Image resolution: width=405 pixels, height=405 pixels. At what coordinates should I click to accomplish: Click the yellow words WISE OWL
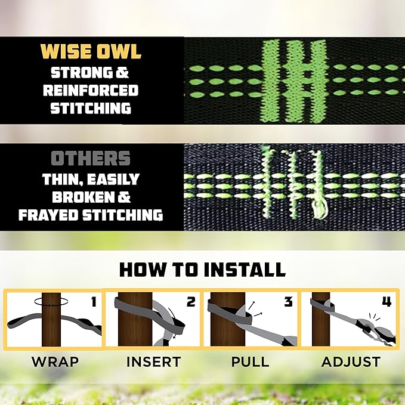(91, 51)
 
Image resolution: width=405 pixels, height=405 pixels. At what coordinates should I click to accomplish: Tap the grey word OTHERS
(91, 159)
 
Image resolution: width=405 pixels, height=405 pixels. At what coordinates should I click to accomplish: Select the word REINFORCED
(94, 91)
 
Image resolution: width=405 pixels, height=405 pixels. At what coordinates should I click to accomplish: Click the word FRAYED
(48, 215)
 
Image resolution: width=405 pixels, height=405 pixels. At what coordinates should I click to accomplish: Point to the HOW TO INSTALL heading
(202, 269)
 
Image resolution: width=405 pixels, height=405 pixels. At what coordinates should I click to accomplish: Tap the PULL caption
(249, 362)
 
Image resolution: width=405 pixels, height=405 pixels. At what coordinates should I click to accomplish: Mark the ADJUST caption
(351, 362)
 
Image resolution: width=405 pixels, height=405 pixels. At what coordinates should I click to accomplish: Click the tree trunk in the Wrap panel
(52, 328)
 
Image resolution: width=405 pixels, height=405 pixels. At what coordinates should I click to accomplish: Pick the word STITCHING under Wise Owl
(91, 109)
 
